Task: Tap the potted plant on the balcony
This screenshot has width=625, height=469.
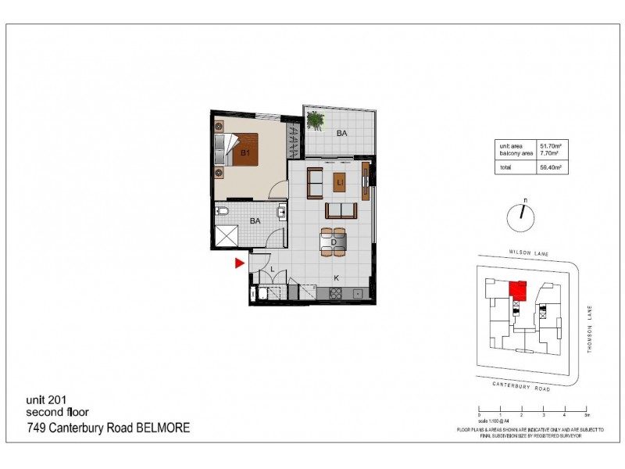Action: pyautogui.click(x=316, y=120)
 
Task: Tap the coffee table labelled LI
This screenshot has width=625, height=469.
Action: pyautogui.click(x=340, y=183)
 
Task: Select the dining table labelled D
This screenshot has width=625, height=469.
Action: pyautogui.click(x=334, y=242)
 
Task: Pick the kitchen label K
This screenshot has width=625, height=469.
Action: pyautogui.click(x=337, y=277)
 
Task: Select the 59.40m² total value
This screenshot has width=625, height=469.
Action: pyautogui.click(x=551, y=167)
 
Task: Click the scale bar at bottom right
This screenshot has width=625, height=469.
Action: pyautogui.click(x=531, y=410)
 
